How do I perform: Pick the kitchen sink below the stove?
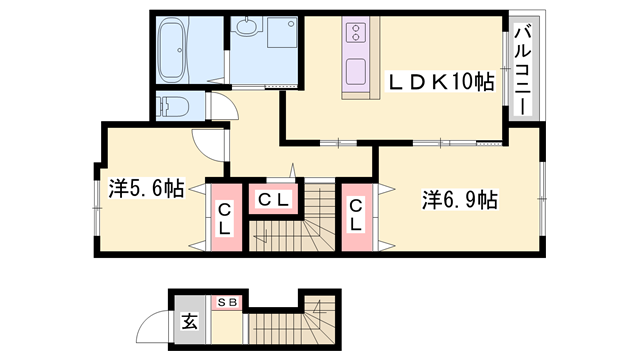[355, 72]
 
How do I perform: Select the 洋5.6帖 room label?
[146, 187]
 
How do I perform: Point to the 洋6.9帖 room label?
[459, 200]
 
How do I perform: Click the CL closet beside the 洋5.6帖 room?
[224, 218]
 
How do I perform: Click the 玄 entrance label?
[189, 322]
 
